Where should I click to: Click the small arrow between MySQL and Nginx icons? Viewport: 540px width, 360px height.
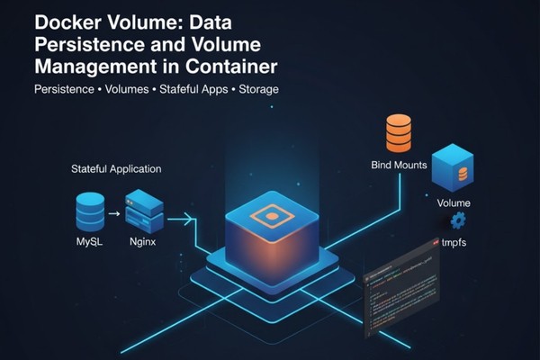[x=115, y=214]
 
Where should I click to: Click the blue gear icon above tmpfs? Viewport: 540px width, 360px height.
[x=458, y=220]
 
